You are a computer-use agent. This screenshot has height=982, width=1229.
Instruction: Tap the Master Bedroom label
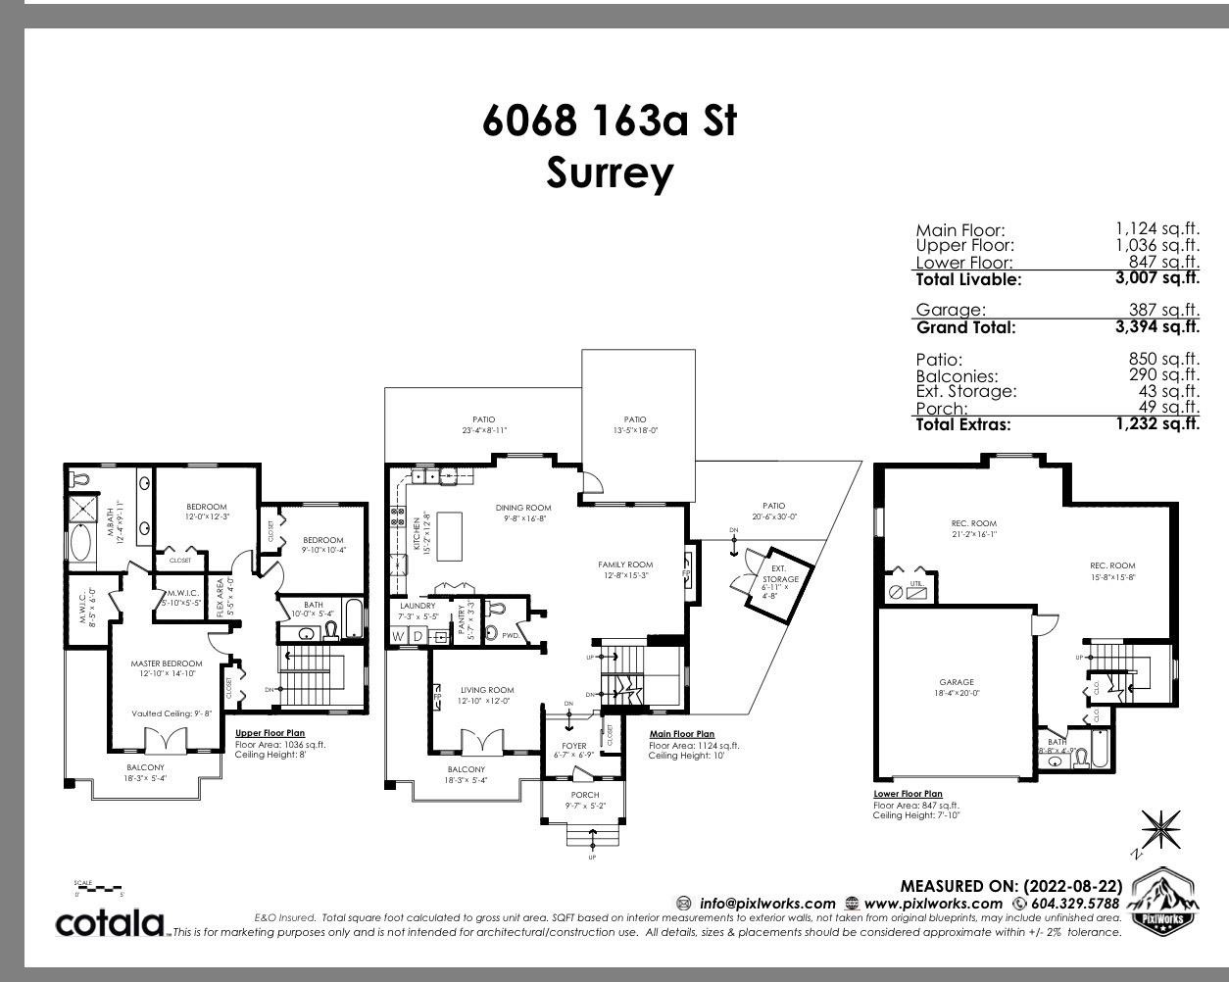167,663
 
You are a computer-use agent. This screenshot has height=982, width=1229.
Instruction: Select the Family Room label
625,565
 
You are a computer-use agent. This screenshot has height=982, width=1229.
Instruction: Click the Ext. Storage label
779,573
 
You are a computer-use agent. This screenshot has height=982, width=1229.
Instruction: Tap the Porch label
585,795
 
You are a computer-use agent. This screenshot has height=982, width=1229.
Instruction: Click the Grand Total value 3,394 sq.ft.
1156,326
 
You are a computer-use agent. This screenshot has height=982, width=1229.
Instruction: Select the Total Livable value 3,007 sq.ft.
1156,278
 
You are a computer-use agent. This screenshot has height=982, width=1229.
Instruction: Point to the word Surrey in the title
610,173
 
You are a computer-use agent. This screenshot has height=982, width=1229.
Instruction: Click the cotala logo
110,922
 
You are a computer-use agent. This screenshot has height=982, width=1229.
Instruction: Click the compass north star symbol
1161,830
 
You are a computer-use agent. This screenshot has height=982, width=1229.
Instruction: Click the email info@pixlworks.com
766,904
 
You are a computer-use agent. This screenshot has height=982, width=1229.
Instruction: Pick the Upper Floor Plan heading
270,733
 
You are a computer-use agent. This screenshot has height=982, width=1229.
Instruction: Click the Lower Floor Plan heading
908,794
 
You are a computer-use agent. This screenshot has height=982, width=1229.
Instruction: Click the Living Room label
487,690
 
